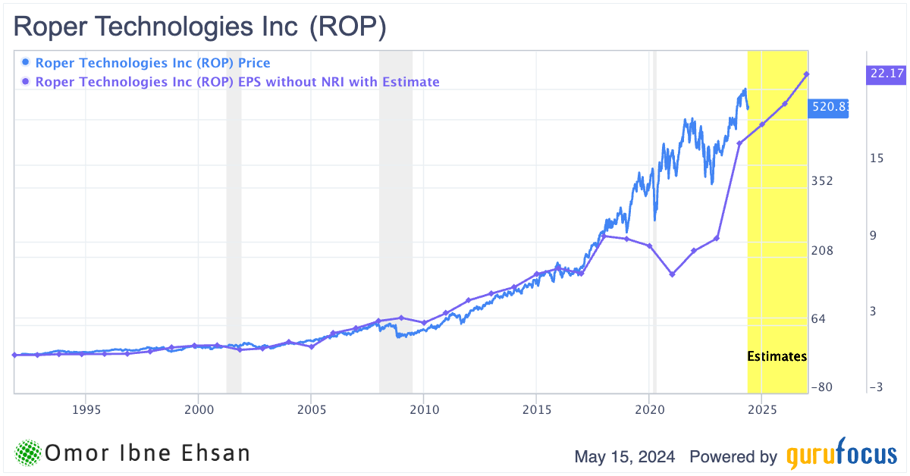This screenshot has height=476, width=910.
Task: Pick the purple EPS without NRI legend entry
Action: click(231, 82)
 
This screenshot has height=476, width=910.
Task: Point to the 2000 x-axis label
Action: click(198, 409)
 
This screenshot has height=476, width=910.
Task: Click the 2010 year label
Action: click(423, 409)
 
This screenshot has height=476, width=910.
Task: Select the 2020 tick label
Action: click(649, 409)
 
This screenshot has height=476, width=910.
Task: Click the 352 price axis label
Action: click(822, 181)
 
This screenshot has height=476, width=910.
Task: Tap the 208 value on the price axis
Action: click(822, 250)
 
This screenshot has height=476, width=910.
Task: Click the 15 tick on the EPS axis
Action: click(877, 158)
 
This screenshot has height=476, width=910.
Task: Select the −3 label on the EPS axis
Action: click(876, 387)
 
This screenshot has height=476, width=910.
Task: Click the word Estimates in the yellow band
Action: click(777, 356)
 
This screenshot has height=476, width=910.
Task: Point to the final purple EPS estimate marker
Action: click(807, 74)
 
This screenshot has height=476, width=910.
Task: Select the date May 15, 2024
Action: click(626, 457)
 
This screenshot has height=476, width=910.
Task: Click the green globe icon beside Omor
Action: click(28, 453)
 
